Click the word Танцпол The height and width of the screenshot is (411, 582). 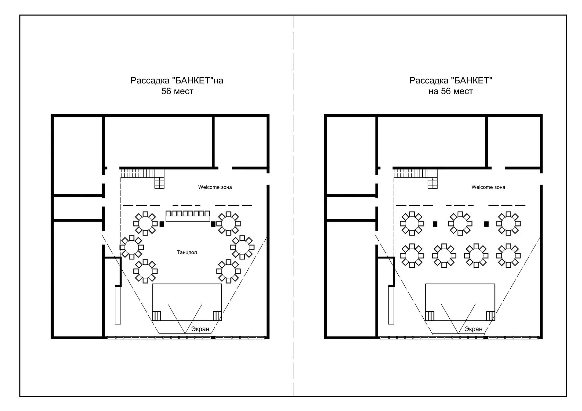186,252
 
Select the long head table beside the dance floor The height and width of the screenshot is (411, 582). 188,216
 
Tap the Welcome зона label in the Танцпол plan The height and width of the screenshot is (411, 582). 215,187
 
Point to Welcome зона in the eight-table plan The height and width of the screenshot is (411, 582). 488,187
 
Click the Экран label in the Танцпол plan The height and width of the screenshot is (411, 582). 200,329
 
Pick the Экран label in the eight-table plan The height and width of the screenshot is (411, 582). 473,329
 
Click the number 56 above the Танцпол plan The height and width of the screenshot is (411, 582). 166,91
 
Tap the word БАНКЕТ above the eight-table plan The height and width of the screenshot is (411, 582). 471,80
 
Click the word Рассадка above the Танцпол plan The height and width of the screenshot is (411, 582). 150,80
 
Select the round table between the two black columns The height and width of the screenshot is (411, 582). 460,224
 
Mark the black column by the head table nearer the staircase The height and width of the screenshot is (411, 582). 161,224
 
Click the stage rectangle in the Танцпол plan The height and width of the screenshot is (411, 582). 187,302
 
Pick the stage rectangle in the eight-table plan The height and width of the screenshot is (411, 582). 460,302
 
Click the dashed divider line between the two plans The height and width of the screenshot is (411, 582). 293,205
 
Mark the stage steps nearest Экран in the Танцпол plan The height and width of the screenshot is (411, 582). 217,316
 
